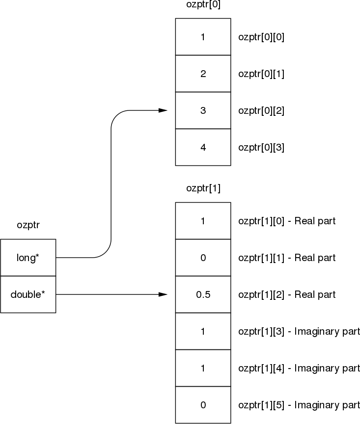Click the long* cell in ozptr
point(28,258)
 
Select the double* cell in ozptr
point(28,294)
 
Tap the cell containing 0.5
point(203,294)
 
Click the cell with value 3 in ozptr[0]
point(203,110)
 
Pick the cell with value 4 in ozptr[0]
point(203,147)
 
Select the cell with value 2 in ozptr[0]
point(203,74)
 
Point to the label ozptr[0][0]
point(261,37)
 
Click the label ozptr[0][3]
point(261,147)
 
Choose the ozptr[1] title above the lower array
point(203,188)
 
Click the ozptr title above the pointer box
point(28,225)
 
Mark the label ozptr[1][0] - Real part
point(287,221)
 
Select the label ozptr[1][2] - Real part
point(287,294)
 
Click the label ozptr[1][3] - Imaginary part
point(299,331)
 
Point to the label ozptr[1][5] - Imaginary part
point(299,405)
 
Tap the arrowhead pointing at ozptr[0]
point(163,110)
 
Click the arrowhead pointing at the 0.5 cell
point(163,294)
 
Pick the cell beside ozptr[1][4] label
point(203,368)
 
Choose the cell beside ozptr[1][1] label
point(203,258)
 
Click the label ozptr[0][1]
point(261,74)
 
